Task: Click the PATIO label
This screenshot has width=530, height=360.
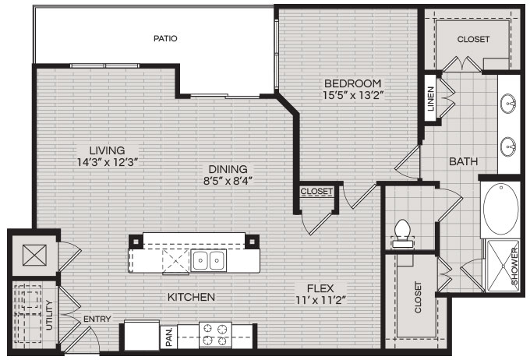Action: pyautogui.click(x=165, y=38)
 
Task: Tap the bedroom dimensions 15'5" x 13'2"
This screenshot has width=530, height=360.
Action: pyautogui.click(x=353, y=95)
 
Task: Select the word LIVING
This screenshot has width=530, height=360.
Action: pyautogui.click(x=107, y=150)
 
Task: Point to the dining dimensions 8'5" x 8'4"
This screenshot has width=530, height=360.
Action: pyautogui.click(x=228, y=181)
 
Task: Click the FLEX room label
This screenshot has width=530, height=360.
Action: pyautogui.click(x=320, y=288)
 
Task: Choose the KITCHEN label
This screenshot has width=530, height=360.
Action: pyautogui.click(x=191, y=297)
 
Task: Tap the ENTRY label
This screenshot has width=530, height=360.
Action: pyautogui.click(x=97, y=319)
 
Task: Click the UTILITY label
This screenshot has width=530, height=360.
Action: pyautogui.click(x=49, y=315)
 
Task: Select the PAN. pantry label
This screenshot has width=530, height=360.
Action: pyautogui.click(x=169, y=337)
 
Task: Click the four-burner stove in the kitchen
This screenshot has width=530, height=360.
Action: pyautogui.click(x=215, y=334)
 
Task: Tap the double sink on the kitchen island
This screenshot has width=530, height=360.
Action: pyautogui.click(x=209, y=260)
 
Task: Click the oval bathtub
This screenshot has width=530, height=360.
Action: pyautogui.click(x=500, y=209)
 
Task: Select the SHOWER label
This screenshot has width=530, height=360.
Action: pyautogui.click(x=514, y=266)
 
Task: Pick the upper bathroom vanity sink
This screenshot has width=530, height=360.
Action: pyautogui.click(x=508, y=104)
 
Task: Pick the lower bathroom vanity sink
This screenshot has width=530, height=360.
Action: pyautogui.click(x=508, y=146)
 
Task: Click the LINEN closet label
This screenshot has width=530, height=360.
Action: pyautogui.click(x=430, y=99)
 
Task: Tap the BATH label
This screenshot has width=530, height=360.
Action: pyautogui.click(x=463, y=161)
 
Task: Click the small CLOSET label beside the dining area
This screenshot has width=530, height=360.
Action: pyautogui.click(x=316, y=192)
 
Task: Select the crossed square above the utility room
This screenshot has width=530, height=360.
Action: pyautogui.click(x=34, y=255)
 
